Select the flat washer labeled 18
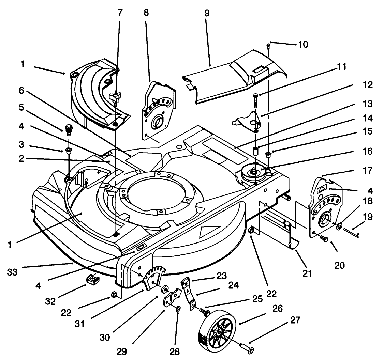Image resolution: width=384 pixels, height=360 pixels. click(340, 226)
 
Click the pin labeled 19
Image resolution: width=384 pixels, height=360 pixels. click(353, 232)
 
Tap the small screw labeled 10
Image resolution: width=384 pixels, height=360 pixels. click(268, 45)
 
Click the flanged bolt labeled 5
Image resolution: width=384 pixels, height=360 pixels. click(68, 129)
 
